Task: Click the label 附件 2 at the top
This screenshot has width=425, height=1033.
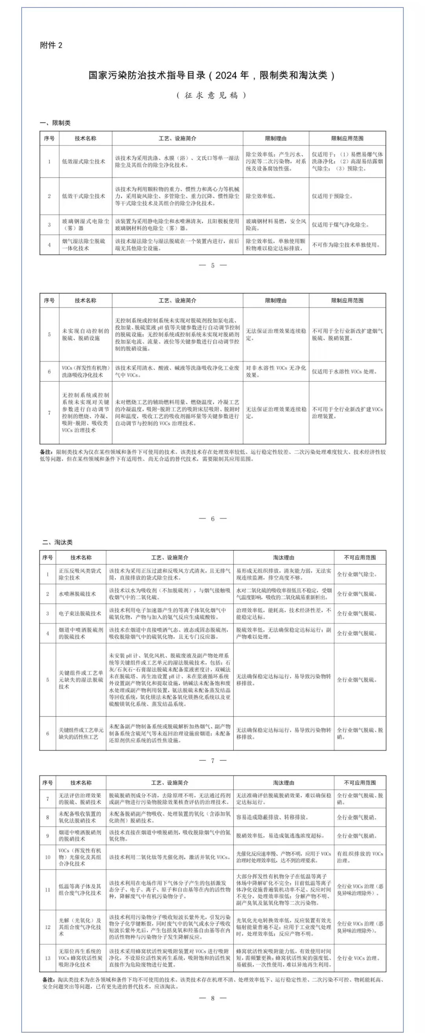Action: point(51,45)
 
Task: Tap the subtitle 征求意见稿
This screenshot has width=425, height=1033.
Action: point(211,95)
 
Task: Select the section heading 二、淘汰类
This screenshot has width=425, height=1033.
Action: point(57,542)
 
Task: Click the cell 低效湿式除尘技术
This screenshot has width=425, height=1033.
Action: point(83,162)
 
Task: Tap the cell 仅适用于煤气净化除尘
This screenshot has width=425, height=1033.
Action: point(340,225)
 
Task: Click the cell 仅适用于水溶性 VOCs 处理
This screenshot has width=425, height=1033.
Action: point(345,372)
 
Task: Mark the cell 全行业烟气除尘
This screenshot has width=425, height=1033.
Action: point(357,574)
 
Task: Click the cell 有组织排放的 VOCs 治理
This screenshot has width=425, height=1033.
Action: point(360,857)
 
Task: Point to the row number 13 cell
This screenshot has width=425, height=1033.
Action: point(47,958)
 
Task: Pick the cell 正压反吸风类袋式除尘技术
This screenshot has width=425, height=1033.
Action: point(80,574)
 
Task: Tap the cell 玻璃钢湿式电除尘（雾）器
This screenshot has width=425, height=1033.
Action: point(85,225)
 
